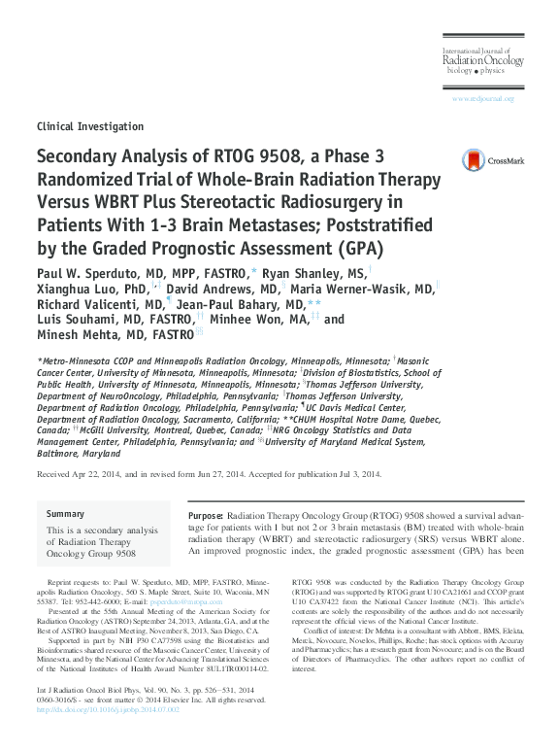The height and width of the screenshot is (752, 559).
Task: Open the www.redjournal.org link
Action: [482, 99]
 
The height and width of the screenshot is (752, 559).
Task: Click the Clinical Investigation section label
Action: [89, 126]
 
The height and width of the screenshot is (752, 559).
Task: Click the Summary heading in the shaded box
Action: [66, 514]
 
